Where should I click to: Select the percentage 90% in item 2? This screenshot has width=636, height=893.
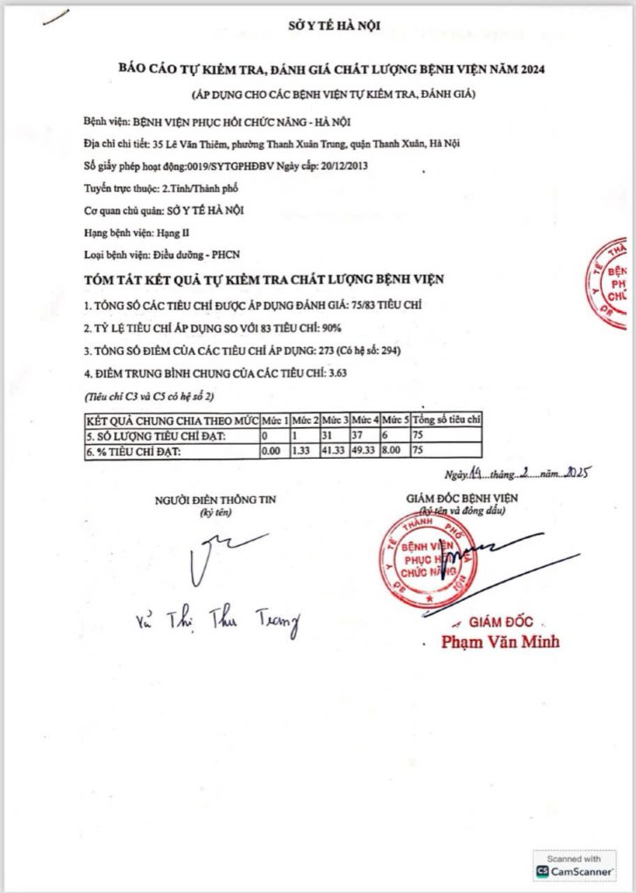(x=331, y=329)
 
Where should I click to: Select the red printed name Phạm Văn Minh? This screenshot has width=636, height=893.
(x=500, y=643)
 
